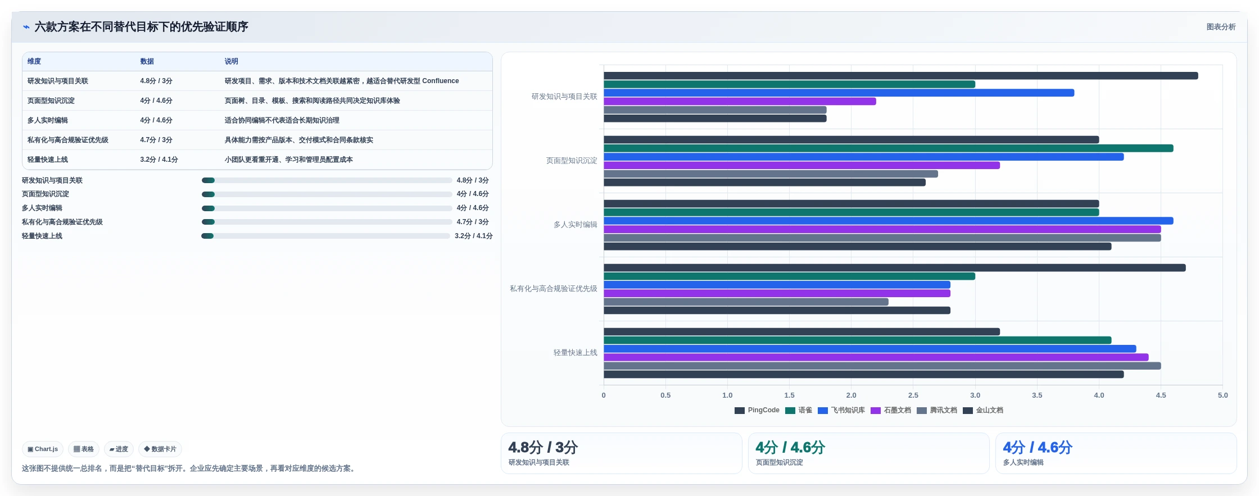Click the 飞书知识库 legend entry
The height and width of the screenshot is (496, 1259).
click(841, 410)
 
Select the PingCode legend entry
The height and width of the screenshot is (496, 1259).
click(757, 410)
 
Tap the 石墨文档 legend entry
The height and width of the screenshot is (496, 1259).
click(891, 410)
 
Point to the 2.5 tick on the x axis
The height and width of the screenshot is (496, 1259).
click(913, 395)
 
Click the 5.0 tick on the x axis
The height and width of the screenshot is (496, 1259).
click(1222, 395)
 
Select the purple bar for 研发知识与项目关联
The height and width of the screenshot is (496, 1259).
click(740, 102)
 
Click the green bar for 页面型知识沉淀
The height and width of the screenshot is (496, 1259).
click(888, 148)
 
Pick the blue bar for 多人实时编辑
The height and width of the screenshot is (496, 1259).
click(888, 221)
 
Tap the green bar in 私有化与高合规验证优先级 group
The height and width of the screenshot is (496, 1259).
click(789, 276)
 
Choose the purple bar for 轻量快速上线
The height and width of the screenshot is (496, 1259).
click(876, 357)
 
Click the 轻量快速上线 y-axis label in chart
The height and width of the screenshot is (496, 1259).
click(575, 353)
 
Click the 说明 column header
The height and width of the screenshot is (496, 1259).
click(232, 61)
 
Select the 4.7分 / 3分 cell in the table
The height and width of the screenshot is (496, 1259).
click(156, 140)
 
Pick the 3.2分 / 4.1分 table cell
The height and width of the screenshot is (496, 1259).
click(159, 160)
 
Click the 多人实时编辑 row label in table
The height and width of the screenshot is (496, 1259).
click(48, 120)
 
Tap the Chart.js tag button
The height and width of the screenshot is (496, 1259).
click(43, 449)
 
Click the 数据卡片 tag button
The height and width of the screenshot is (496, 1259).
click(160, 449)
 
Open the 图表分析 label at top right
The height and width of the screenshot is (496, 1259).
click(1221, 27)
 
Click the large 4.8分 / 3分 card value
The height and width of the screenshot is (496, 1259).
click(543, 448)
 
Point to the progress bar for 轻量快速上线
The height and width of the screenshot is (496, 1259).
click(326, 236)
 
